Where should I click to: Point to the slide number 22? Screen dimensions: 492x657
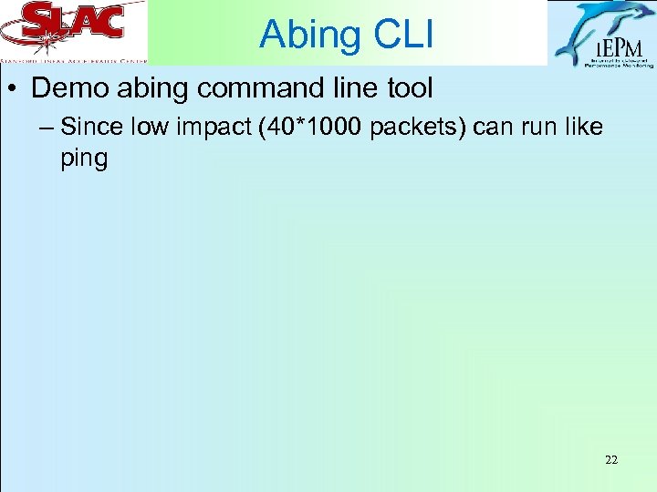(x=610, y=460)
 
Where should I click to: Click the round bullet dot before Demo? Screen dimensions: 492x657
(x=17, y=90)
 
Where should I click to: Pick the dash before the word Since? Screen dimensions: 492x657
(x=47, y=128)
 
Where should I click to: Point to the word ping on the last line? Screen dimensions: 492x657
(x=84, y=159)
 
